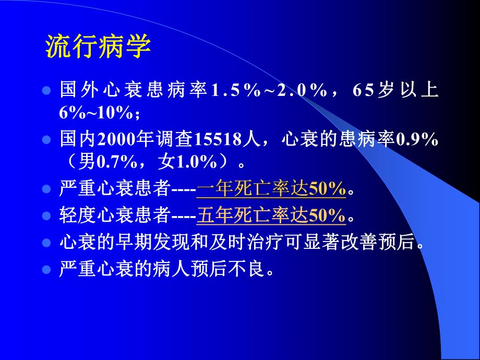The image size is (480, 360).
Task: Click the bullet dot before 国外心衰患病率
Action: [46, 90]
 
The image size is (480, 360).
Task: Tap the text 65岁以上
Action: [395, 90]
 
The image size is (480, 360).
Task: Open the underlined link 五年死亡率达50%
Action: [271, 215]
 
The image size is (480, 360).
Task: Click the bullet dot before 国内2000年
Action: [46, 140]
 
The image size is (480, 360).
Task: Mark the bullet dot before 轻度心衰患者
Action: [46, 215]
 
